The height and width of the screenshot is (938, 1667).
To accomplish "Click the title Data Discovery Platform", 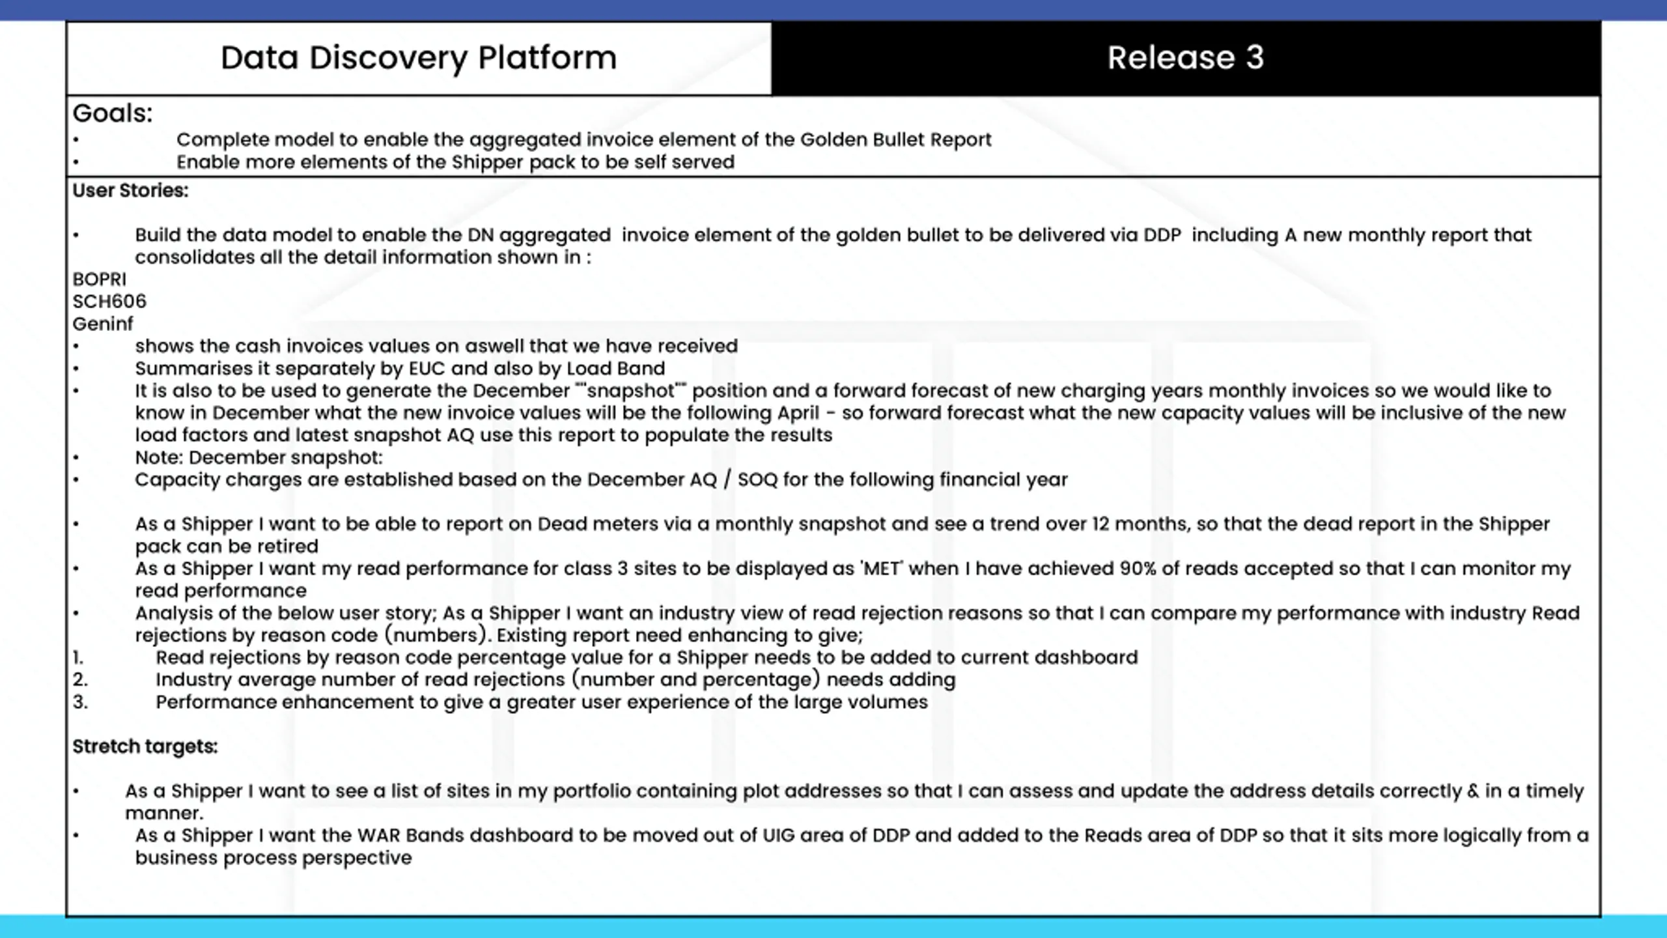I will click(418, 58).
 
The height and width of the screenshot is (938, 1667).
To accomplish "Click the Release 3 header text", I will click(1185, 58).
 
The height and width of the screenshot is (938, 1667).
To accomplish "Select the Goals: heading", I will click(112, 113).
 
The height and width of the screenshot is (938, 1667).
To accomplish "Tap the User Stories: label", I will click(130, 191).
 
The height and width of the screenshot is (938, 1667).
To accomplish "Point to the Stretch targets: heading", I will click(145, 746).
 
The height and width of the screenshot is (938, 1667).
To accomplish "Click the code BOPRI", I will click(99, 279).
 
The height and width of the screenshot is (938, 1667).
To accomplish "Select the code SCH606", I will click(109, 302).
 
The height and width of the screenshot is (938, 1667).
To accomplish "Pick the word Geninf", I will click(102, 324).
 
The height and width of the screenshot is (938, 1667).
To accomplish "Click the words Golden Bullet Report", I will click(895, 140).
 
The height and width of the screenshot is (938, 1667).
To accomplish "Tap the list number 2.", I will click(80, 680).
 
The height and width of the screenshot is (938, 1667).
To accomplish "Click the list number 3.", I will click(80, 702).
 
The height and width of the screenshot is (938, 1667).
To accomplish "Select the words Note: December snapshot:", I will click(259, 458).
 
